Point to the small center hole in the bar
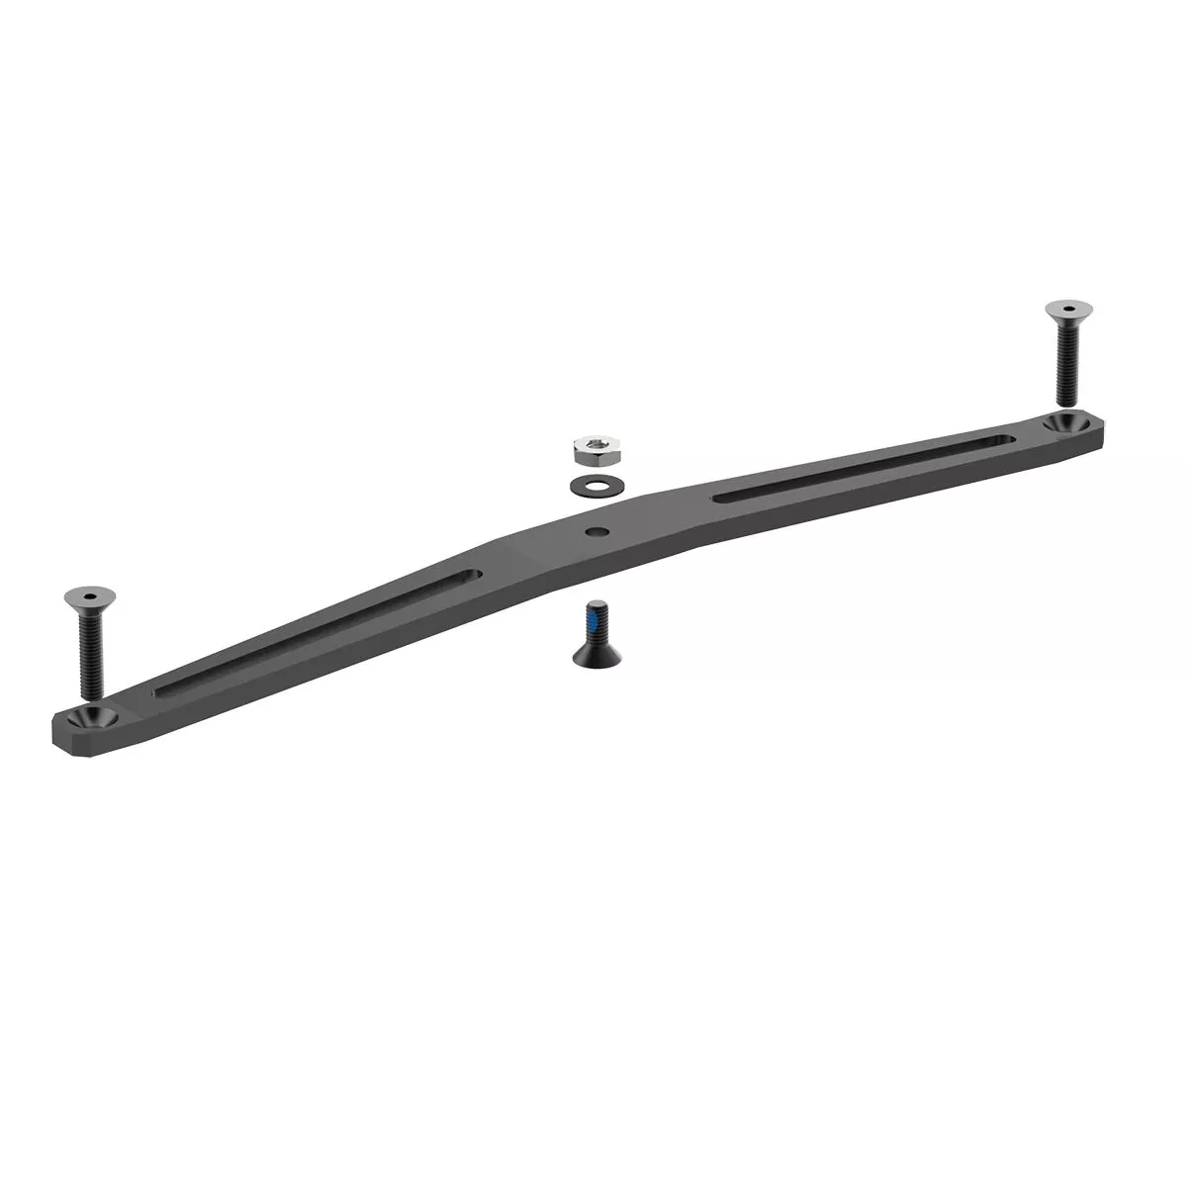[596, 531]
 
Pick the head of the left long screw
[83, 596]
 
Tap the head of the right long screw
[1064, 311]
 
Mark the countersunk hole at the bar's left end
[97, 714]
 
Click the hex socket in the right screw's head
[1064, 309]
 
